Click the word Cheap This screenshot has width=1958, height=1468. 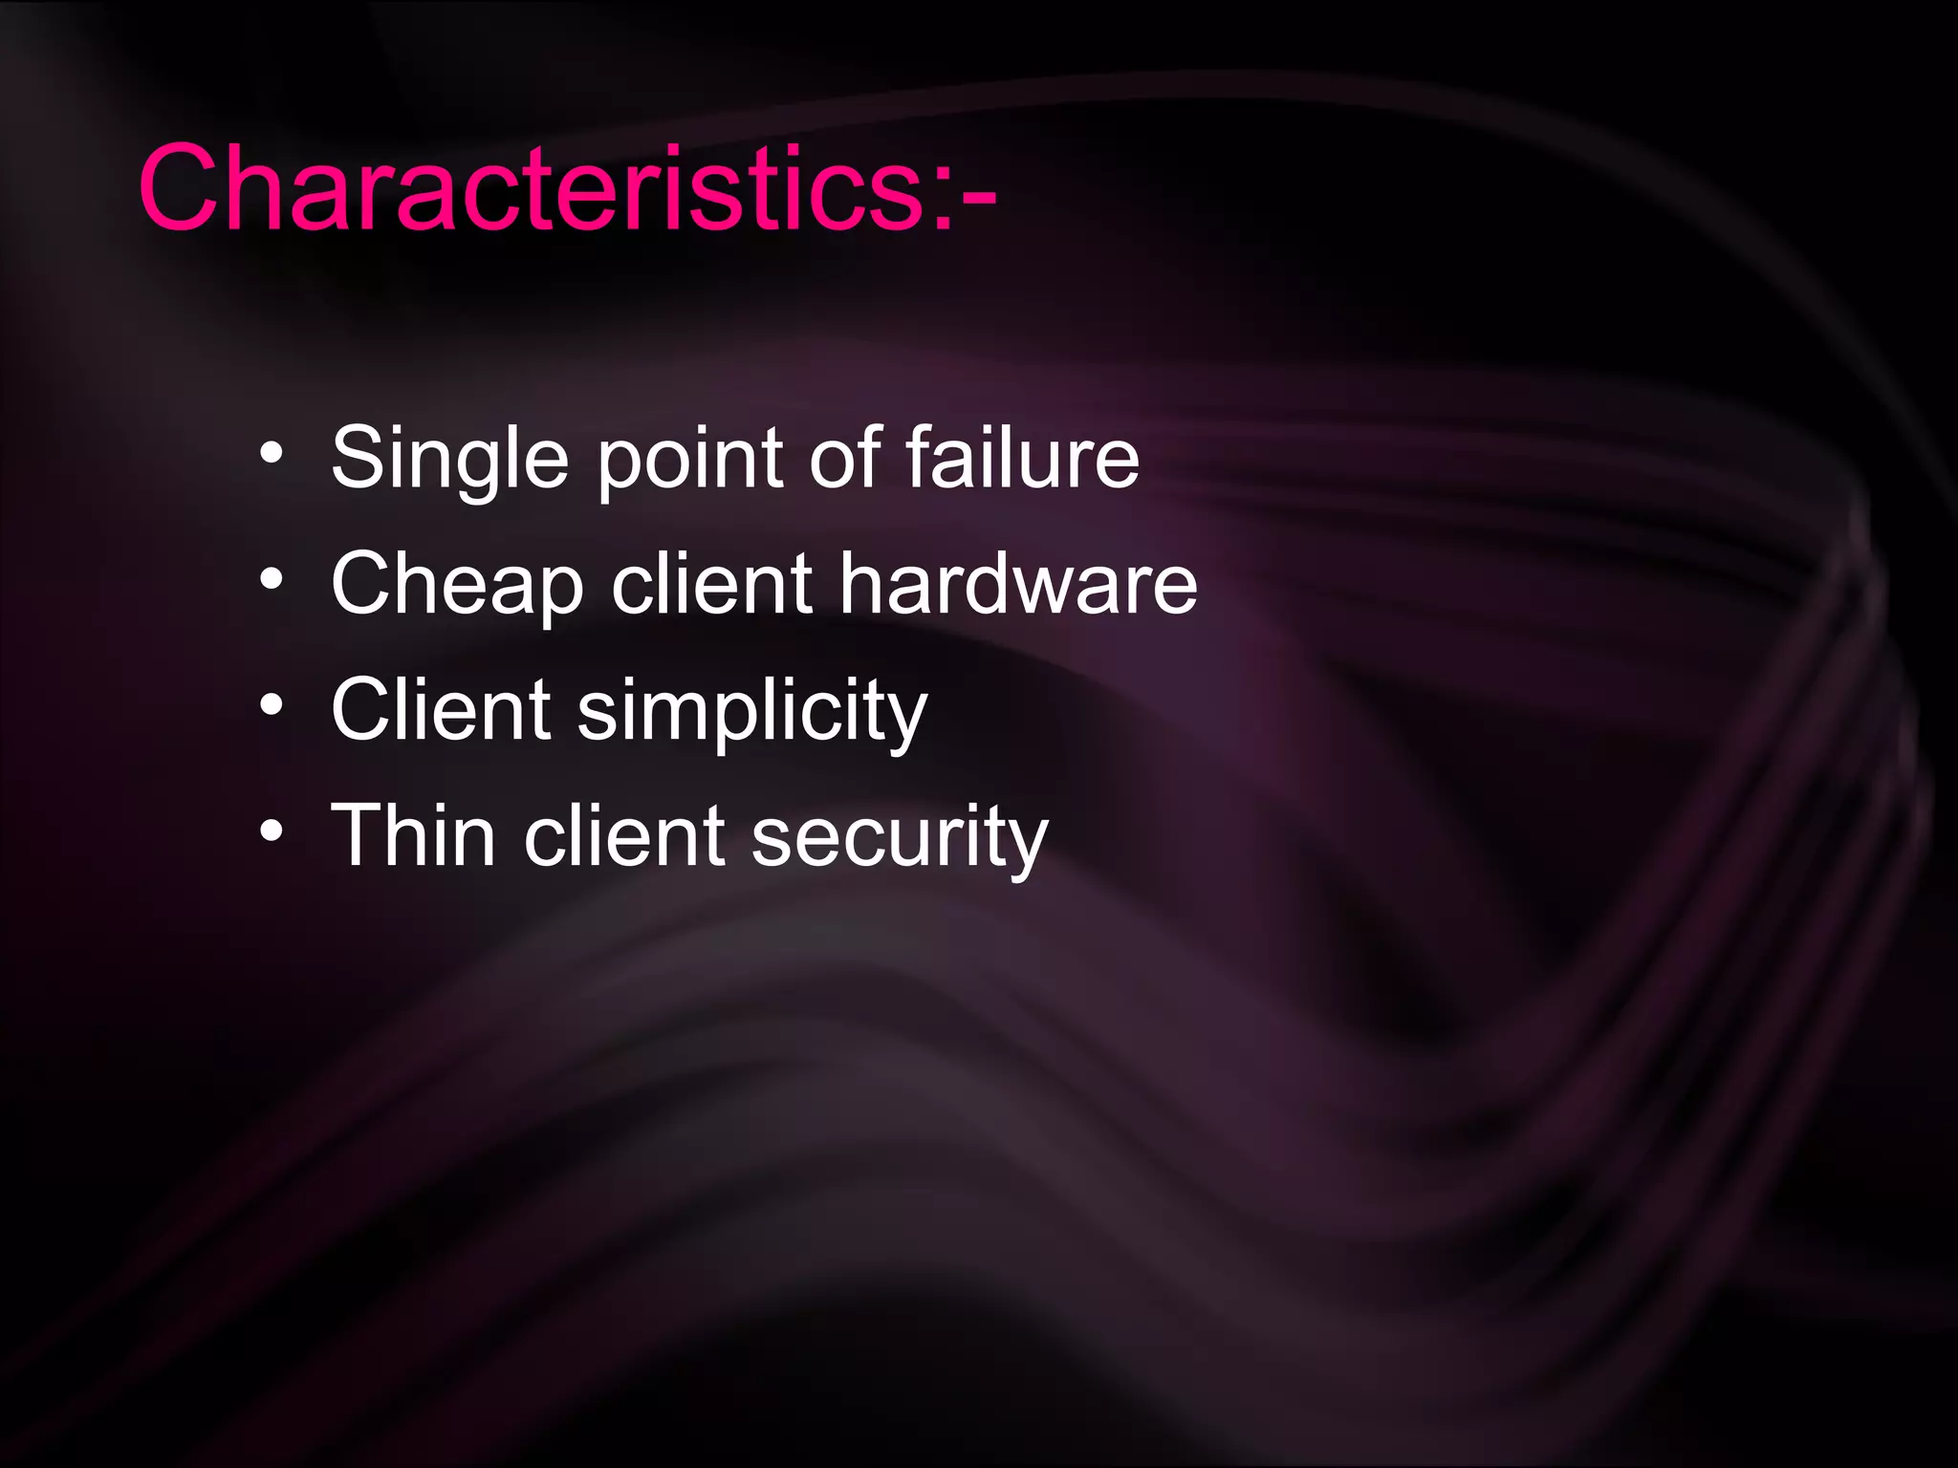[x=457, y=585]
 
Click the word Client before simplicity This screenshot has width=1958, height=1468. [x=441, y=709]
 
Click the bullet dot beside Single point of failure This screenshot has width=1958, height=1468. [x=272, y=454]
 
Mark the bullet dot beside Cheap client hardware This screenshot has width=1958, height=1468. [x=272, y=579]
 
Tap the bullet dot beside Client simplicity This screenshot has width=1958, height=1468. [x=272, y=705]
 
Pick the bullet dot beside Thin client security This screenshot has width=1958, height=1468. [x=272, y=831]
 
